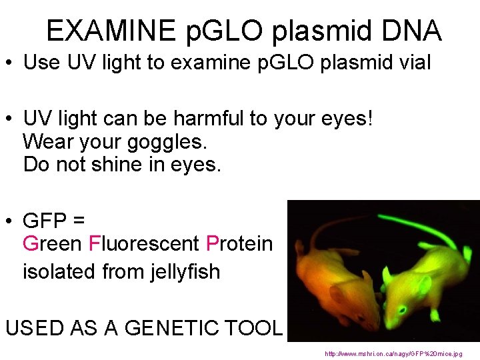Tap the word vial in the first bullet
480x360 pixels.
pyautogui.click(x=413, y=63)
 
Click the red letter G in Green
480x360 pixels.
pyautogui.click(x=31, y=244)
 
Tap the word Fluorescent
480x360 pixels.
pyautogui.click(x=144, y=244)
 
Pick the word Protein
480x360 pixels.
pyautogui.click(x=239, y=244)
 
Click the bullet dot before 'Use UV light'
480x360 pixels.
pyautogui.click(x=11, y=64)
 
